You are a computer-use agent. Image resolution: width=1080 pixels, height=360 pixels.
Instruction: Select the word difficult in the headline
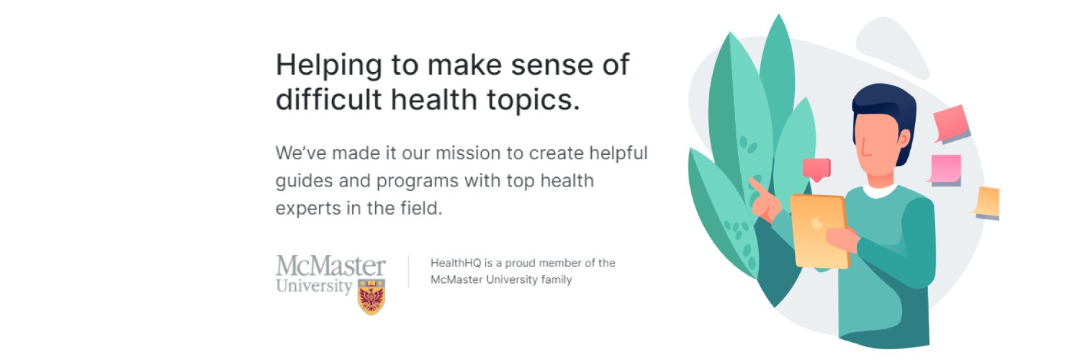coord(323,100)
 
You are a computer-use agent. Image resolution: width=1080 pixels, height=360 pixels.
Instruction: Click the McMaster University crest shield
coord(372,296)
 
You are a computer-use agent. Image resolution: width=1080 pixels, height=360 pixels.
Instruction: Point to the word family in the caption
coord(554,279)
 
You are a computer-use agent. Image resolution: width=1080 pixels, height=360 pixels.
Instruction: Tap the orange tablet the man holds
coord(818,230)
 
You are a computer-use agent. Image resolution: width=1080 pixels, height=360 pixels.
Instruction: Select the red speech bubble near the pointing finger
coord(816,168)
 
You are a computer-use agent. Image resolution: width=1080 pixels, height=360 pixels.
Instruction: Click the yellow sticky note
coord(988,202)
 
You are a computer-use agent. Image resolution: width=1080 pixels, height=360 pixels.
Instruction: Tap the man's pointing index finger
coord(755,186)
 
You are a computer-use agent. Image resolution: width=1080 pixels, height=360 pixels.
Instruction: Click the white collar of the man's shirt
coord(880,191)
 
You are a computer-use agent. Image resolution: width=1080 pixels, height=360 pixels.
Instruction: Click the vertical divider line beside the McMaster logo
coord(409,271)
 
